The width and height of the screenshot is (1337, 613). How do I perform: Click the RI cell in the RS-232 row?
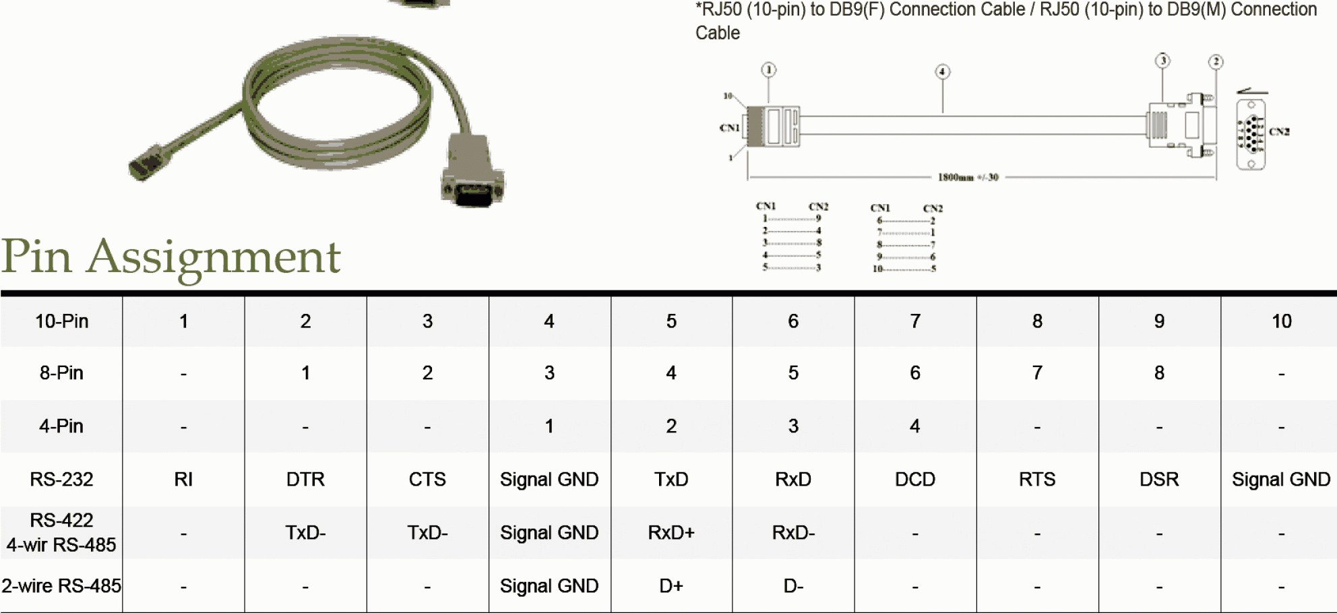[x=183, y=480]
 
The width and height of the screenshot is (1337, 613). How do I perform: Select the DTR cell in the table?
[x=305, y=480]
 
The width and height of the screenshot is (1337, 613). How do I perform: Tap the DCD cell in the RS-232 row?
[x=914, y=480]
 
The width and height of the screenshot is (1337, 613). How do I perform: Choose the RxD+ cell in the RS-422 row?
[x=671, y=533]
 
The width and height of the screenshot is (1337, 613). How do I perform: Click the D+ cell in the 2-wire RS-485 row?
[x=671, y=586]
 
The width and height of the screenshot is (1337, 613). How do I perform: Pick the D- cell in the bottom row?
[x=793, y=586]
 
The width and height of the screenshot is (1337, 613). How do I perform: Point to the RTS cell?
[x=1037, y=480]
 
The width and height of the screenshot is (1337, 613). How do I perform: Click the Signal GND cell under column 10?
[x=1281, y=480]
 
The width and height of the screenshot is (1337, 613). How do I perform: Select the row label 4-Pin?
[x=61, y=426]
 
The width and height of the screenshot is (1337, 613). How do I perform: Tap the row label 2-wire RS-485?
[x=61, y=586]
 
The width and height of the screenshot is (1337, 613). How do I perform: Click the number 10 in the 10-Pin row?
[x=1281, y=321]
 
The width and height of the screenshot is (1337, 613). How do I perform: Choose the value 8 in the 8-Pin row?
[x=1159, y=373]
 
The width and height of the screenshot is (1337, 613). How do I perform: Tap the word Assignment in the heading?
[x=214, y=257]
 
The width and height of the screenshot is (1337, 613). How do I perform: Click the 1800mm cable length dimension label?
[x=968, y=177]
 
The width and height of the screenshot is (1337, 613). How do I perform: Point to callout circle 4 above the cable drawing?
[x=942, y=71]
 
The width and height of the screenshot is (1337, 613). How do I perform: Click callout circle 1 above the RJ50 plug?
[x=769, y=69]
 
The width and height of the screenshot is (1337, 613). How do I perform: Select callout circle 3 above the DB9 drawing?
[x=1162, y=61]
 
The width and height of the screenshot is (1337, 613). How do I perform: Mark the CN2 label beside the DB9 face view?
[x=1279, y=131]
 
